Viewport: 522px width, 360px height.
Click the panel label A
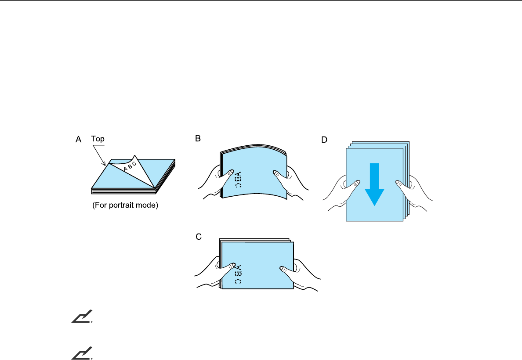79,140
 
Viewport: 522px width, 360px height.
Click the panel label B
198,139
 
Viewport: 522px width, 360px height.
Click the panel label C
198,237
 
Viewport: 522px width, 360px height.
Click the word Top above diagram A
98,139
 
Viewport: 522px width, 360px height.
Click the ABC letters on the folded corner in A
130,166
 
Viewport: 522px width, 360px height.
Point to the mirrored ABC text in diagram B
238,179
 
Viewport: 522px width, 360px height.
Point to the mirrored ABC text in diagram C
238,274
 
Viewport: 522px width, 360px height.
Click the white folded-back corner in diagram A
132,169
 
